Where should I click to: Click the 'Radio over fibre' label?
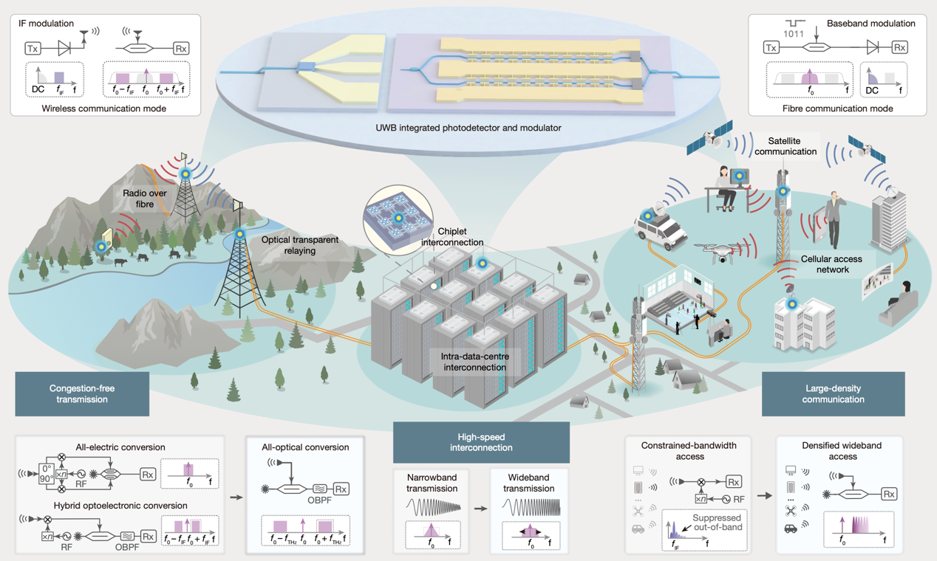pyautogui.click(x=145, y=199)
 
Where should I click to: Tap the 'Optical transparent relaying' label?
pyautogui.click(x=299, y=245)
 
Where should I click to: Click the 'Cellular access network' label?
pyautogui.click(x=831, y=264)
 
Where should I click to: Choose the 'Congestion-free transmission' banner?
pyautogui.click(x=82, y=393)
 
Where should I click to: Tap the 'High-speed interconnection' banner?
pyautogui.click(x=481, y=442)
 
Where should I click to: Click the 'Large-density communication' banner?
pyautogui.click(x=833, y=393)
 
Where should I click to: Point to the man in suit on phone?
pyautogui.click(x=833, y=219)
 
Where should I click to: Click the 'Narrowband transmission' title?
pyautogui.click(x=433, y=483)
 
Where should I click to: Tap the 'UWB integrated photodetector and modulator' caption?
pyautogui.click(x=468, y=128)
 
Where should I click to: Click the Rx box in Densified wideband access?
pyautogui.click(x=889, y=495)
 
